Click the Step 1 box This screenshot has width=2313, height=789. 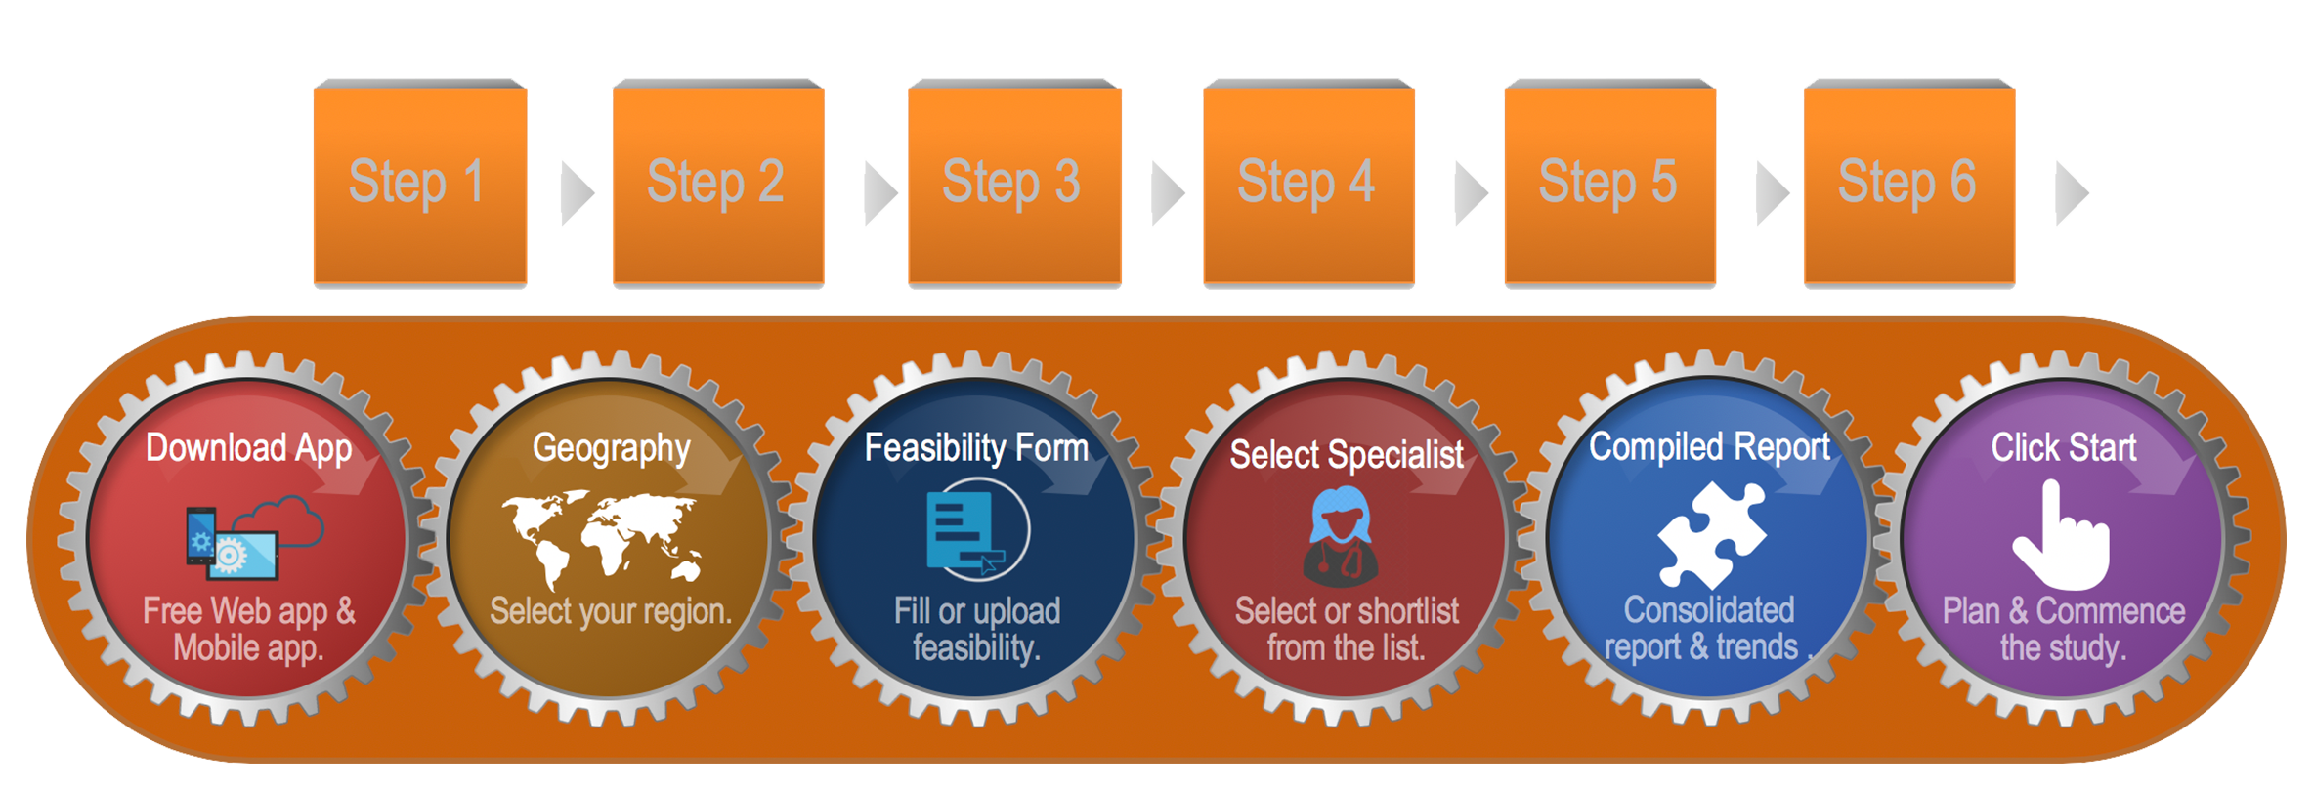[419, 184]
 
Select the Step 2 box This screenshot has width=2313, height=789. [717, 184]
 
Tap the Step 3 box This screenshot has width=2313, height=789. [1013, 184]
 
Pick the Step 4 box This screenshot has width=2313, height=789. [1307, 184]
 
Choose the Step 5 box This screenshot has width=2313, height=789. [1609, 184]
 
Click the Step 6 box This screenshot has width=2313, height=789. [1908, 184]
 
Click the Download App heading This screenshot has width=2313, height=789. [248, 448]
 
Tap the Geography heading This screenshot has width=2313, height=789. [612, 448]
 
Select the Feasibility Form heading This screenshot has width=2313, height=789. [976, 448]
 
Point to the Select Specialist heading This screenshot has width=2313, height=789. [1347, 455]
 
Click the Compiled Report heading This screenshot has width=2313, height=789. [1709, 447]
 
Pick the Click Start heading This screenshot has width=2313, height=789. [2064, 448]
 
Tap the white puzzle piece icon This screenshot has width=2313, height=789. [1711, 535]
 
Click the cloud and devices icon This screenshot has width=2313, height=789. [254, 535]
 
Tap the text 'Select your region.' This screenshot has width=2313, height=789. [611, 612]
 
